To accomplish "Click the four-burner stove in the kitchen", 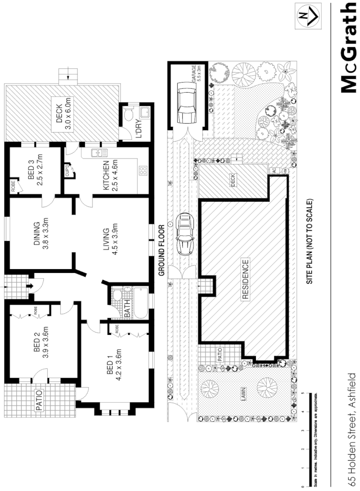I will pos(144,171).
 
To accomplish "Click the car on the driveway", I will pos(186,233).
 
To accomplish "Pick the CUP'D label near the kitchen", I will pos(67,172).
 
